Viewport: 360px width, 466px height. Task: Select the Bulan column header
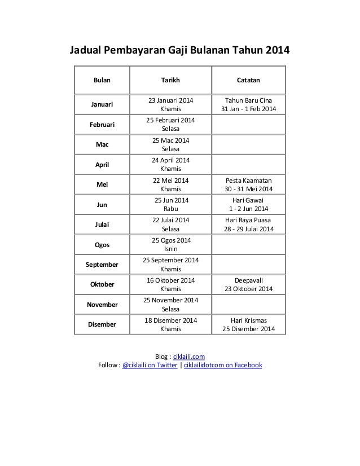click(x=102, y=80)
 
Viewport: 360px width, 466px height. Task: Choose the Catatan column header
click(x=248, y=80)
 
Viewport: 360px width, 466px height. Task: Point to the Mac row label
click(x=102, y=144)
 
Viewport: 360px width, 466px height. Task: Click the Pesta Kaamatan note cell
click(x=248, y=184)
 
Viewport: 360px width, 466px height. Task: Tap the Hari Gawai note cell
click(x=248, y=204)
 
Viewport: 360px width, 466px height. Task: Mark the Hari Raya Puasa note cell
click(x=248, y=224)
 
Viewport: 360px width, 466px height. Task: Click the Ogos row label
click(x=102, y=244)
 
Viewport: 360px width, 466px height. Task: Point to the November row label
click(x=102, y=304)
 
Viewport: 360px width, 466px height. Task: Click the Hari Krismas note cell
click(x=248, y=324)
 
